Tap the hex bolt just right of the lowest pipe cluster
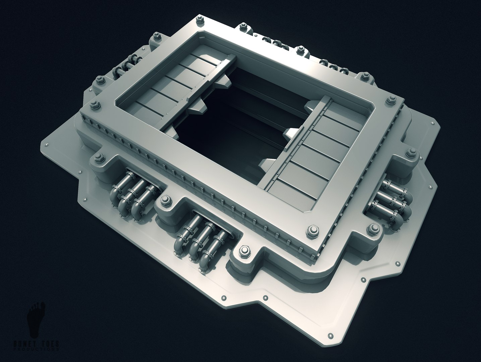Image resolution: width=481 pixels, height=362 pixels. point(244,251)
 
